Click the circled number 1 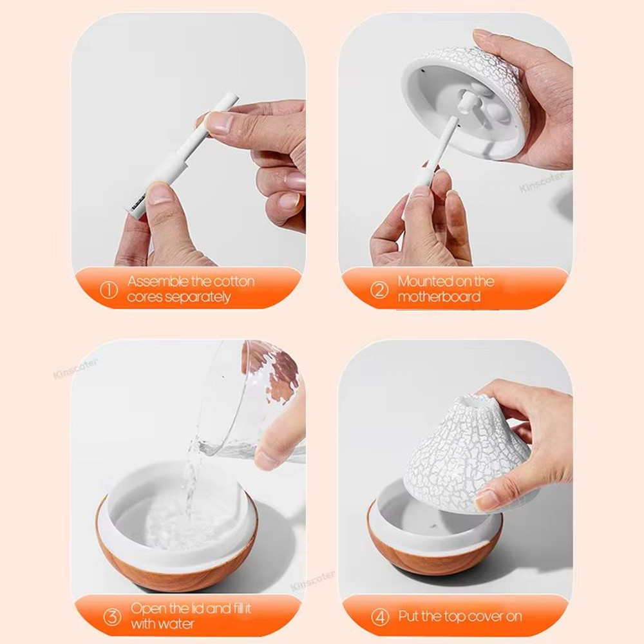click(x=109, y=290)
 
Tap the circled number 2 click(x=379, y=290)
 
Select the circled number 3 click(x=113, y=616)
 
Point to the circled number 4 click(x=380, y=616)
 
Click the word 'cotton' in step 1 click(x=234, y=281)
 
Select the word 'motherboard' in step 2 click(x=439, y=297)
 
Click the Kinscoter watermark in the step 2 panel click(x=541, y=182)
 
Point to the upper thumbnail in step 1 click(x=218, y=122)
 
